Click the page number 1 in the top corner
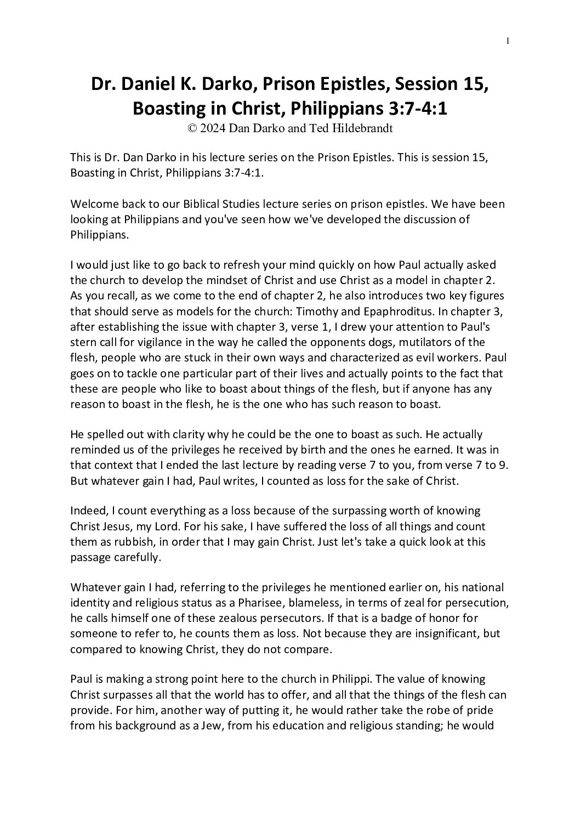[x=509, y=40]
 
